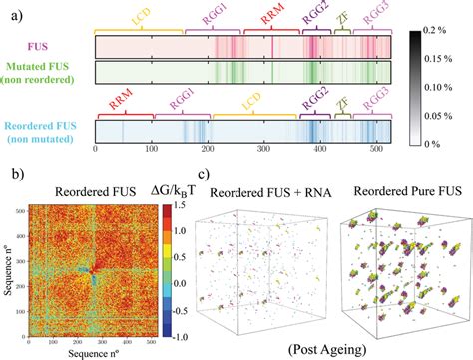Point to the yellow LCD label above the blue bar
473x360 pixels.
(x=239, y=102)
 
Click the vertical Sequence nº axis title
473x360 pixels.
(x=9, y=266)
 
